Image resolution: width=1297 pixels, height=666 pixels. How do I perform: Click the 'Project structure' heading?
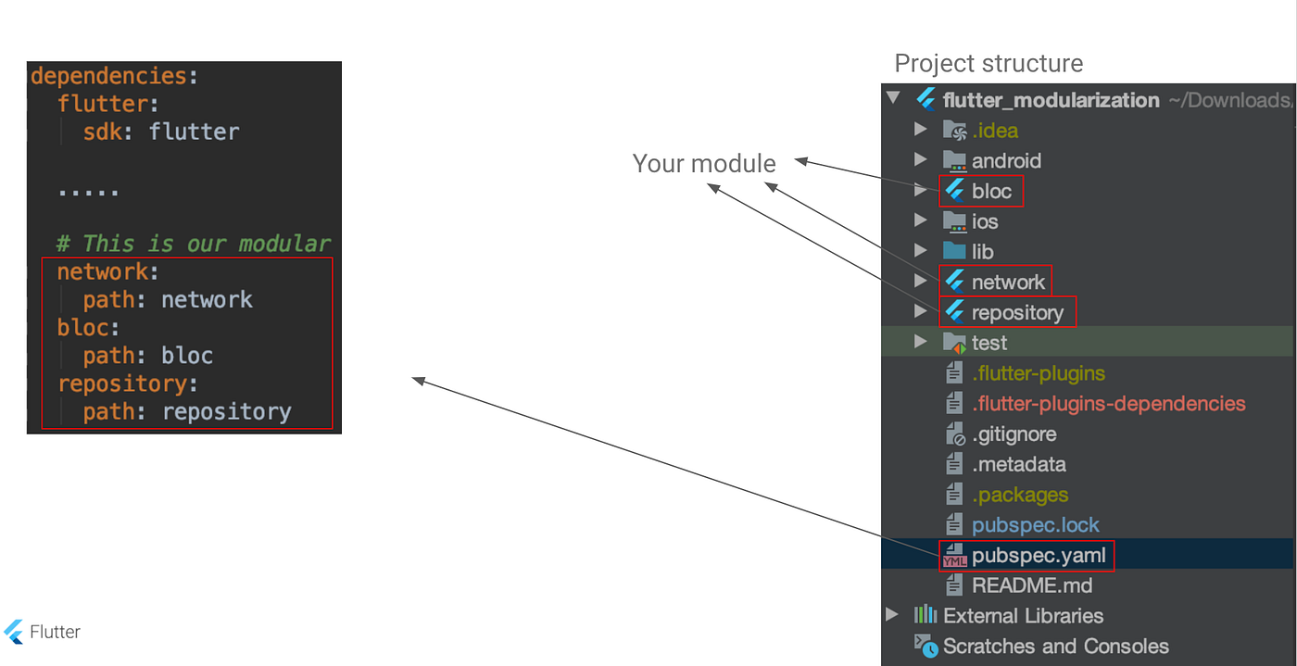pyautogui.click(x=988, y=64)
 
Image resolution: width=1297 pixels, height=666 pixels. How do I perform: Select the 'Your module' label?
pyautogui.click(x=704, y=164)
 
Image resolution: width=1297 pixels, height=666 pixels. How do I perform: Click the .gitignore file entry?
pyautogui.click(x=1014, y=434)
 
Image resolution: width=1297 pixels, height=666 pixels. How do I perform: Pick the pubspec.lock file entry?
pyautogui.click(x=1035, y=525)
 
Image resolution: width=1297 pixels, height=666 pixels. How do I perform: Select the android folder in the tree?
pyautogui.click(x=1005, y=161)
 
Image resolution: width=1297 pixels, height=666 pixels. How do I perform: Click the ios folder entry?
pyautogui.click(x=984, y=222)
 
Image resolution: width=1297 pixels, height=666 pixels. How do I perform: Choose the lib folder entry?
pyautogui.click(x=982, y=252)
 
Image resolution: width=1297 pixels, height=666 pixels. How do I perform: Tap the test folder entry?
pyautogui.click(x=988, y=344)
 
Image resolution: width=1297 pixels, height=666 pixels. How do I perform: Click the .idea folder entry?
pyautogui.click(x=994, y=131)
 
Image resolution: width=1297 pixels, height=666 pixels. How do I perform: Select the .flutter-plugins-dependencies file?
pyautogui.click(x=1108, y=404)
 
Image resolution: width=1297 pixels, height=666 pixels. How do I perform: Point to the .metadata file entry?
pyautogui.click(x=1018, y=465)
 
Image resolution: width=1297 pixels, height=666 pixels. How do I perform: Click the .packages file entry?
pyautogui.click(x=1019, y=496)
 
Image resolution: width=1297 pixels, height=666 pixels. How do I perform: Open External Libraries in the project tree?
pyautogui.click(x=1023, y=616)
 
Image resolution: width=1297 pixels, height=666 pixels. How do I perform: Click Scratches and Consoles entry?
pyautogui.click(x=1055, y=647)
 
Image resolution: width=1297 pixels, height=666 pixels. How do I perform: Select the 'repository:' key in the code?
pyautogui.click(x=128, y=383)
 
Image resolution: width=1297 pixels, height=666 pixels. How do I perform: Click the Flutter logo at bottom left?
pyautogui.click(x=14, y=632)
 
